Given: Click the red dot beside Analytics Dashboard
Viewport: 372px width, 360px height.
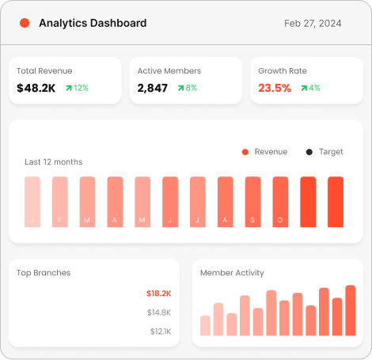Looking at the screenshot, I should (x=25, y=24).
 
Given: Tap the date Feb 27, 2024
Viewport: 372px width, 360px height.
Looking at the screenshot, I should (x=313, y=24).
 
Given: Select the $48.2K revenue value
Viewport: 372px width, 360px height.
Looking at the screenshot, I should (x=36, y=88).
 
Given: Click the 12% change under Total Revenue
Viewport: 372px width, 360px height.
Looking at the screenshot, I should (x=77, y=88).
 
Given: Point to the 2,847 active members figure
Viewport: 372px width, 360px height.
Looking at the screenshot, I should (x=153, y=88).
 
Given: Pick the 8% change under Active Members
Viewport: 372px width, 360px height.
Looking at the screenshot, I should (x=187, y=88).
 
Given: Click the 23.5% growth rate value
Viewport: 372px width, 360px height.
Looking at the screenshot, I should (x=275, y=88).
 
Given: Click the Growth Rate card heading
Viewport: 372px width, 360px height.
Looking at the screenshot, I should (x=283, y=71).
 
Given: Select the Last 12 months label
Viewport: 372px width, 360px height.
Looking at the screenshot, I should (x=53, y=162).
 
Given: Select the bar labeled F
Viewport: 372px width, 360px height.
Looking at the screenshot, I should (x=60, y=203).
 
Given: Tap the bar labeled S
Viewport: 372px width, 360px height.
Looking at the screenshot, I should (x=252, y=203).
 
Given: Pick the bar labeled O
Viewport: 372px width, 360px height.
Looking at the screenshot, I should (x=280, y=203).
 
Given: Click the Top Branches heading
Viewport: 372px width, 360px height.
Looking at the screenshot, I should (x=44, y=273).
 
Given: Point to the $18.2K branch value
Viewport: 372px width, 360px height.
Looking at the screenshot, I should (x=158, y=294).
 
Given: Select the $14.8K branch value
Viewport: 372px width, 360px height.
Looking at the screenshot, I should (x=159, y=313).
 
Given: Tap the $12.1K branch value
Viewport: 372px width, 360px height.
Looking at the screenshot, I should (x=160, y=332).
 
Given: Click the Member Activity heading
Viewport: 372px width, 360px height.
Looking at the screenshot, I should (x=232, y=273).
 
